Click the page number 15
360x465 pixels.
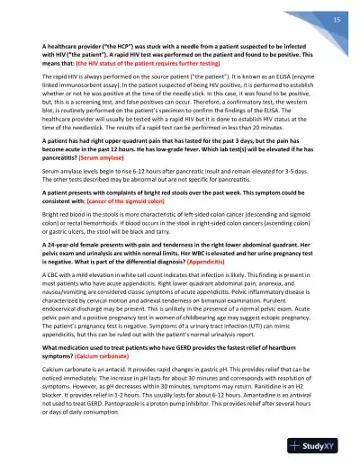click(335, 20)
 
